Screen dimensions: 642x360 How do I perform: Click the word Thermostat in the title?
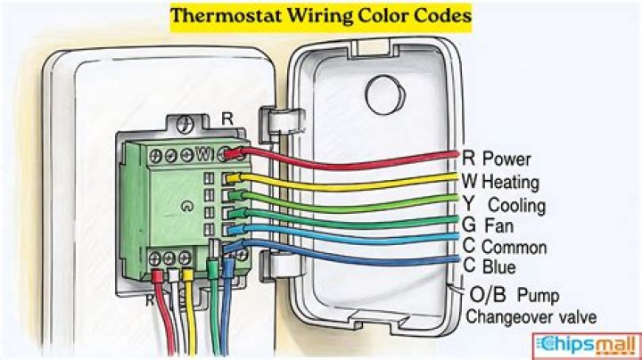coord(226,16)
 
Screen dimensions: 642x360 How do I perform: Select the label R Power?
coord(497,159)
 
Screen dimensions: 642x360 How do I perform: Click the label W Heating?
coord(500,182)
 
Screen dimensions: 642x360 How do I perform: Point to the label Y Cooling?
coord(504,205)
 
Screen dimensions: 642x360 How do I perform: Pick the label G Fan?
coord(488,225)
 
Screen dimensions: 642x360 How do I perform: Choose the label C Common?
coord(505,247)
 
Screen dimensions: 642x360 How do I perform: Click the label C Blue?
coord(490,266)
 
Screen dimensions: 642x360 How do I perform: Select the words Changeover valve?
coord(531,316)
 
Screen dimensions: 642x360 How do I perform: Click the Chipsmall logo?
coord(587,346)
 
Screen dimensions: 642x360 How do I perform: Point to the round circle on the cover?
coord(385,95)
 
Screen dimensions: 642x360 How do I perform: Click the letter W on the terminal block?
coord(204,154)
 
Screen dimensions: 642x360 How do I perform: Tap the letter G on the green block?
coord(186,207)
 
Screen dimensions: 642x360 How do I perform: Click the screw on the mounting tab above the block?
coord(185,124)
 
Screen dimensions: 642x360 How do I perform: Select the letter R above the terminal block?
coord(226,119)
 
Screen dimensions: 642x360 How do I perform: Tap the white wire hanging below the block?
coord(177,311)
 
